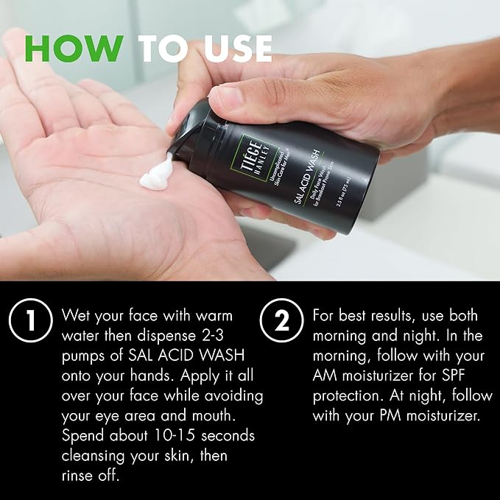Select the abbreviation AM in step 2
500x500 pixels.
coord(325,376)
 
